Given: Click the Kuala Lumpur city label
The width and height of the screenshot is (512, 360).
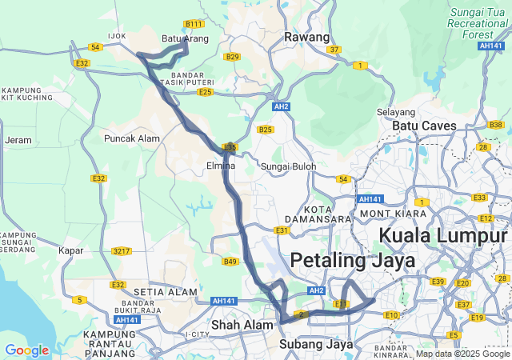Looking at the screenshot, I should point(442,236).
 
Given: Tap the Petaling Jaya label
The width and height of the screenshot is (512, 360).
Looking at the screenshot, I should point(353,261).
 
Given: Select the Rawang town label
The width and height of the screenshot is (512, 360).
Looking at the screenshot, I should point(307,38).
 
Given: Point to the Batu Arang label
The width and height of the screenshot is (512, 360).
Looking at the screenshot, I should point(185,38).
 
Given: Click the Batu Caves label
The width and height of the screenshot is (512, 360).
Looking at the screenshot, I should point(424,126).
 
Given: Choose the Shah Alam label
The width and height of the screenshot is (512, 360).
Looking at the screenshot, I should point(238,325).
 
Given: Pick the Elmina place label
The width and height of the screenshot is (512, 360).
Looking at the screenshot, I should point(220,166).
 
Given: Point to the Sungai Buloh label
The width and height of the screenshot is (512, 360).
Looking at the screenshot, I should point(289,166).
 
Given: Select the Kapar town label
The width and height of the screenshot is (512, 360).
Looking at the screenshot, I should point(71,250).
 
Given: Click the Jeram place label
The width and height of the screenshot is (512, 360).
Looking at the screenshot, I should point(18,140).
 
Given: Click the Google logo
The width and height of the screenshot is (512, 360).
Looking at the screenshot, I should point(26,350).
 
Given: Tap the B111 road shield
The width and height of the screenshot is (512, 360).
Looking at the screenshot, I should point(193,24).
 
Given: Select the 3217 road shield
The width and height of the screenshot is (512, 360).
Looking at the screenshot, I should point(122,251).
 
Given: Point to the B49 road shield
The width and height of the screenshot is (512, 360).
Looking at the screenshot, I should point(231,262).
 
